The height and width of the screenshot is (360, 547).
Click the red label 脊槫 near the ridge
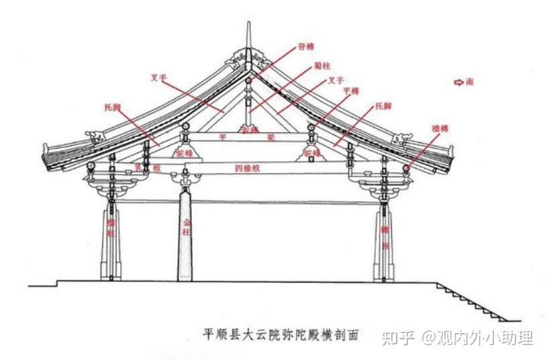[x=305, y=46]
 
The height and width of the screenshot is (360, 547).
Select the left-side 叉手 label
[x=158, y=78]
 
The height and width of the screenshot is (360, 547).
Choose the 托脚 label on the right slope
[x=383, y=105]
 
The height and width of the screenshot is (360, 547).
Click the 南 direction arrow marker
[x=464, y=82]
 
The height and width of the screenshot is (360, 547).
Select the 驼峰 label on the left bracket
[x=184, y=153]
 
